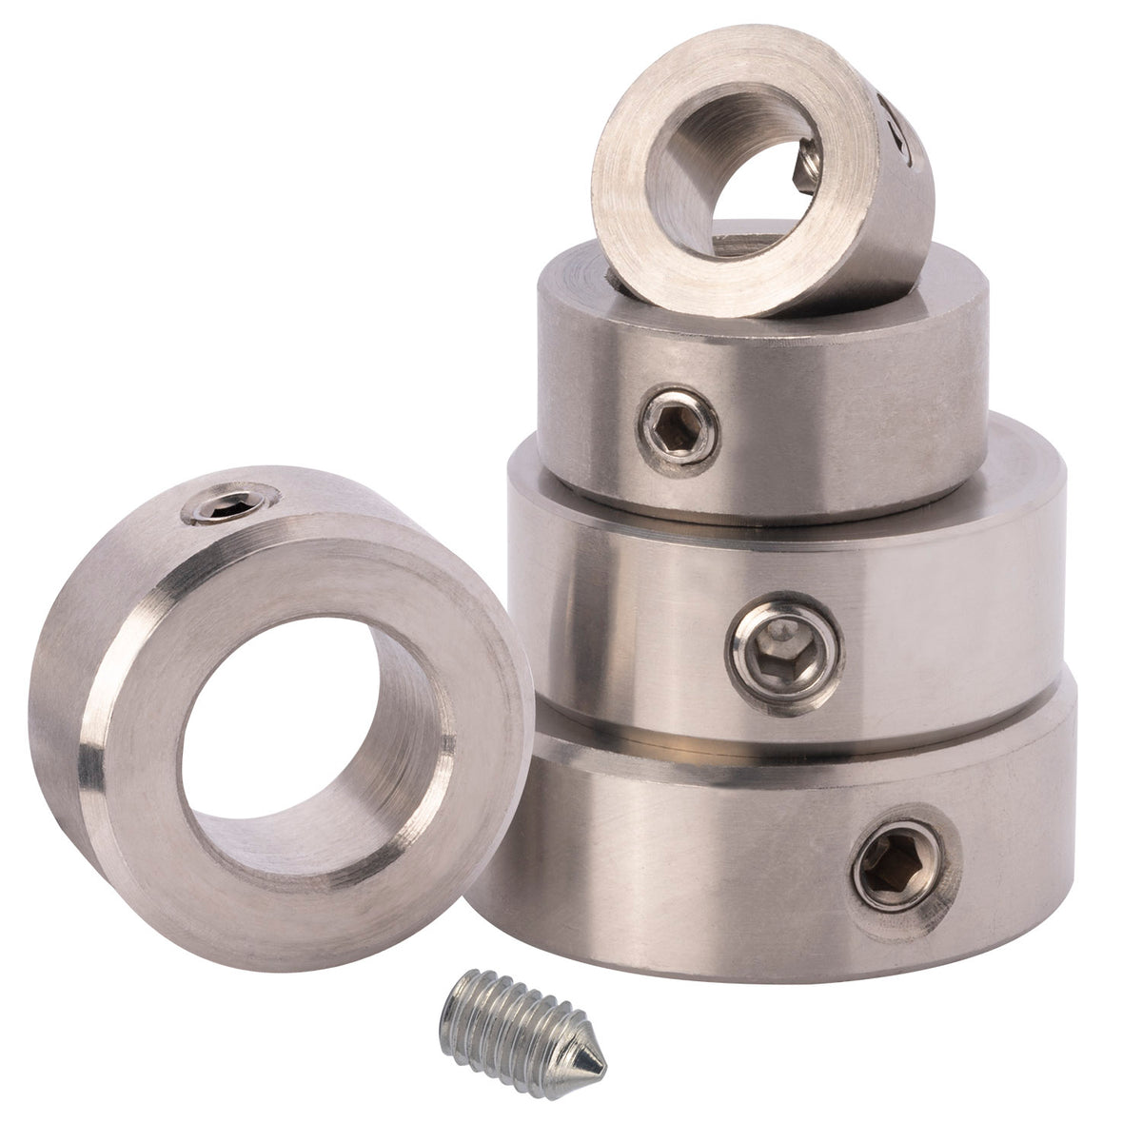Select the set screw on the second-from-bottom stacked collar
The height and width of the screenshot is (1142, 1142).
coord(786,653)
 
